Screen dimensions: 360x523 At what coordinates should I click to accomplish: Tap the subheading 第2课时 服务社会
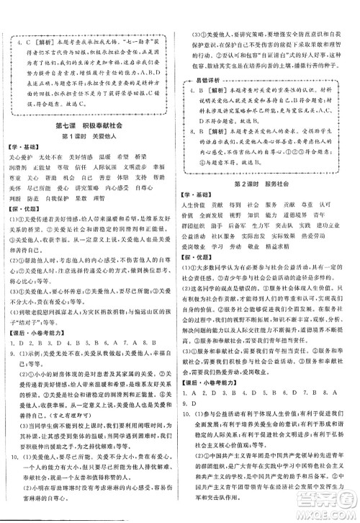(269, 184)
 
